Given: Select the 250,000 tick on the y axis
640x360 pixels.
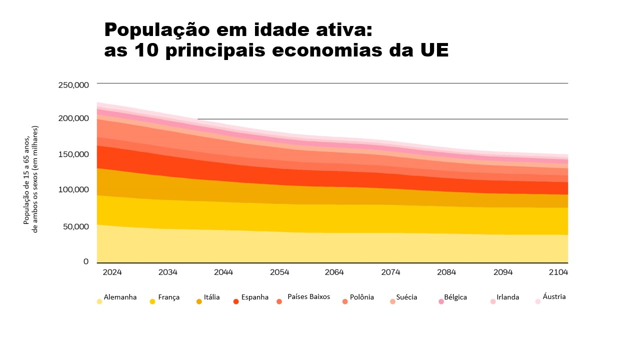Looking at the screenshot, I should click(x=73, y=85).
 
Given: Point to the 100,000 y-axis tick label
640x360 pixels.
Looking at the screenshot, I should click(x=73, y=189).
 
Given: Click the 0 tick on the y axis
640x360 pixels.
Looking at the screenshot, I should click(x=86, y=261).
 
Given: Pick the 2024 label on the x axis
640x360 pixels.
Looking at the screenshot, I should click(x=112, y=272).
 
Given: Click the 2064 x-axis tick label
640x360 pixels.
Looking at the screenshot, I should click(x=334, y=272).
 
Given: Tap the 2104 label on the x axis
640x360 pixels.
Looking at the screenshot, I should click(x=558, y=272).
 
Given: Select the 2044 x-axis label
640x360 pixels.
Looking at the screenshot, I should click(x=223, y=272).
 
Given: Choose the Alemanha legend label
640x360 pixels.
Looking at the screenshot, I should click(x=120, y=297).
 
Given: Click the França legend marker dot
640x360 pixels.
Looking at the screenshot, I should click(x=152, y=301).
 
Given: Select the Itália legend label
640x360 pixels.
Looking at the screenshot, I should click(x=211, y=297).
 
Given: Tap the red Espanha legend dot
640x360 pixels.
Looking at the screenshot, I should click(x=236, y=301).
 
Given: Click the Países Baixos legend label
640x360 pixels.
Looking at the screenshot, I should click(x=308, y=296).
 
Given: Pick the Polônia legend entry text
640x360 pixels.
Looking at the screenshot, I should click(x=361, y=297).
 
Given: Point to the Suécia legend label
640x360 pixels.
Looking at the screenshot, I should click(x=406, y=297).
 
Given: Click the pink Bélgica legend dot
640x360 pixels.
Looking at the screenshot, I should click(x=441, y=301).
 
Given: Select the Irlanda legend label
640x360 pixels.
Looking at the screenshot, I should click(x=507, y=297).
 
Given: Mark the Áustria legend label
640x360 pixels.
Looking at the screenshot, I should click(x=554, y=296).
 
